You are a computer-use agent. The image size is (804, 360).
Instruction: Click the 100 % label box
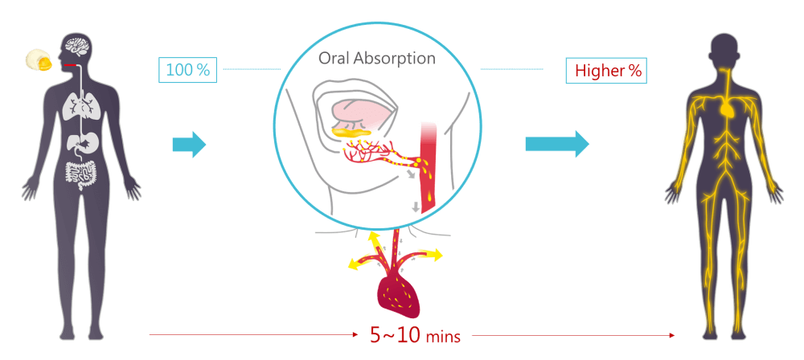(x=187, y=70)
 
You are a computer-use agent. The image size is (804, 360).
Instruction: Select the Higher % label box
(x=607, y=70)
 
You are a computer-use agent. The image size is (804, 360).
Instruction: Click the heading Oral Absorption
(x=377, y=59)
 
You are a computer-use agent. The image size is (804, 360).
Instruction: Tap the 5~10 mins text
(x=414, y=335)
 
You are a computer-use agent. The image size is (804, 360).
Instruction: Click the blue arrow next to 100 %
(x=189, y=145)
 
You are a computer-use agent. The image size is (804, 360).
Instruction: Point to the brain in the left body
(x=78, y=47)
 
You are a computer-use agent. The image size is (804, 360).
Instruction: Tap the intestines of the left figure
(x=80, y=173)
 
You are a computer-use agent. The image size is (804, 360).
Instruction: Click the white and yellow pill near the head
(x=38, y=59)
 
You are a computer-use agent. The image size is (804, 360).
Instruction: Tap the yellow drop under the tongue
(x=351, y=129)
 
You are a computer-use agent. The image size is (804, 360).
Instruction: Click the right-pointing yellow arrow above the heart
(x=430, y=256)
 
